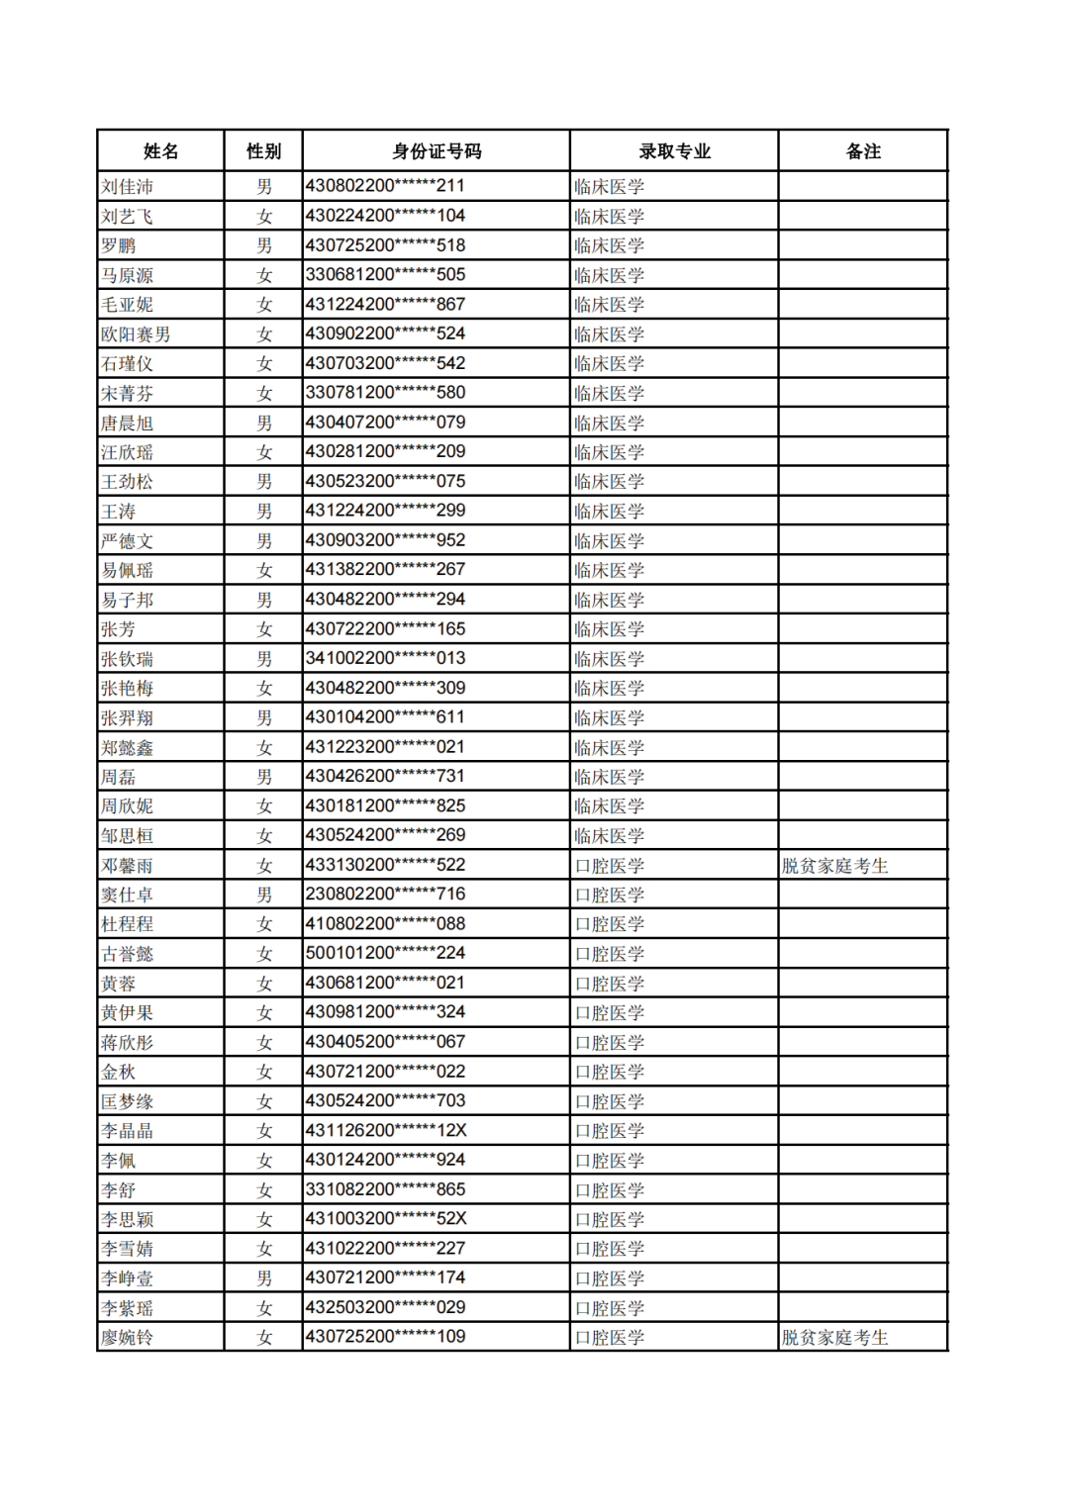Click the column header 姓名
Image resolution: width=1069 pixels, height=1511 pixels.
(160, 151)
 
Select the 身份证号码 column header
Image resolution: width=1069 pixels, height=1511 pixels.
(437, 151)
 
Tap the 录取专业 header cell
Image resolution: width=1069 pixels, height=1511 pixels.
(674, 151)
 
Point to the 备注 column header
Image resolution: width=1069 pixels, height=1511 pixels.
(863, 151)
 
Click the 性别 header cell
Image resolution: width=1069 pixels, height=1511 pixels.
(263, 151)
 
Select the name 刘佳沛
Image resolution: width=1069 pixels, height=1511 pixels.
(128, 187)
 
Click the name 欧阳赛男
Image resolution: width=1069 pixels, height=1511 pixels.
(136, 334)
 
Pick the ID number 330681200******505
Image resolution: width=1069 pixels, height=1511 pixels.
(385, 275)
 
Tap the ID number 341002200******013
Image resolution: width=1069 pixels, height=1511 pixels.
(385, 659)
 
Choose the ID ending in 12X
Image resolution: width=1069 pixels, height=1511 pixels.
(385, 1131)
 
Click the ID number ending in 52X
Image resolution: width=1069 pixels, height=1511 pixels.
(385, 1219)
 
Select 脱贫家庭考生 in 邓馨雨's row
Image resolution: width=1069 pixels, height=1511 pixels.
(835, 866)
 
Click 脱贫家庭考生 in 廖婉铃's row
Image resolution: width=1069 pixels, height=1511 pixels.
(835, 1338)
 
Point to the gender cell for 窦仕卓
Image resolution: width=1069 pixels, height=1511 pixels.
(264, 895)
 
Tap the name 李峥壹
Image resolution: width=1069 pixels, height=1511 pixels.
(128, 1278)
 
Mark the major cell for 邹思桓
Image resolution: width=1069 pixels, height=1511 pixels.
(610, 836)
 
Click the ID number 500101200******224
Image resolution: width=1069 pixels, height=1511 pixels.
(385, 954)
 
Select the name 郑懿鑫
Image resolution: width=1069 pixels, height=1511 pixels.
(128, 748)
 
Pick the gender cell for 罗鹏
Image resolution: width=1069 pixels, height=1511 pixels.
(264, 245)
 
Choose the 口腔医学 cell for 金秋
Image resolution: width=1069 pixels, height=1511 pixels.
(610, 1072)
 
